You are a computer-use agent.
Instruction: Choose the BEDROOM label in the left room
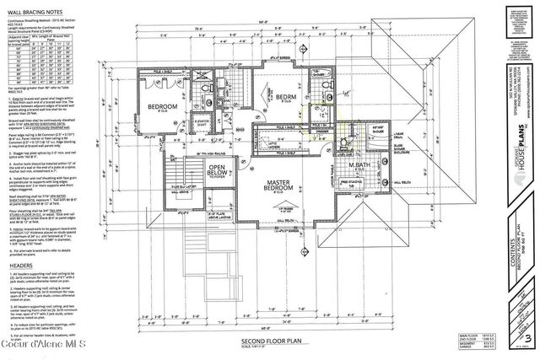[165, 109]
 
